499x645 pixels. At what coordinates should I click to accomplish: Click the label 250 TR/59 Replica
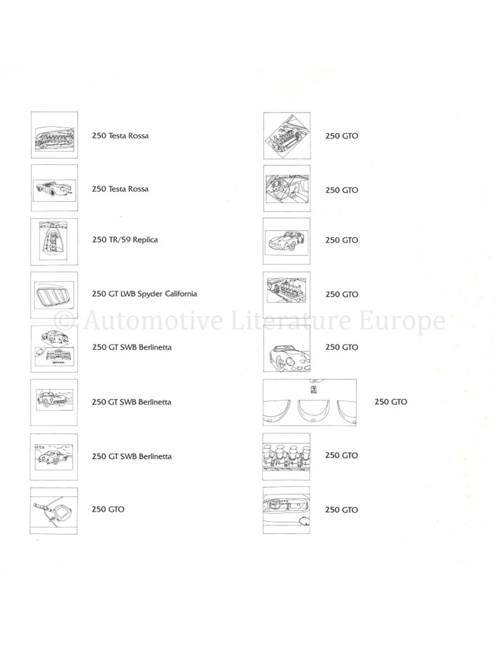[125, 240]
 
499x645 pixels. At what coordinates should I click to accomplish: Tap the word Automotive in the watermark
[153, 320]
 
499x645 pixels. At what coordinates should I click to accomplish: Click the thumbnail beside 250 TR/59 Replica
[54, 242]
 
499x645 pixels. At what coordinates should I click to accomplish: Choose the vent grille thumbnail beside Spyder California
[54, 295]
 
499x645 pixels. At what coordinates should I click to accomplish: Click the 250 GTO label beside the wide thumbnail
[391, 402]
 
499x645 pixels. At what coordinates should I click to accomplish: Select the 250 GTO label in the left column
[108, 509]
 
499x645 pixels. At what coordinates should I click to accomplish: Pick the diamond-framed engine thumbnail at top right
[287, 136]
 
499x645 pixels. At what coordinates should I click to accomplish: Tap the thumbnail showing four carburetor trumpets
[286, 456]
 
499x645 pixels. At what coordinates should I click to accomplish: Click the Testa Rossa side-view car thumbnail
[54, 188]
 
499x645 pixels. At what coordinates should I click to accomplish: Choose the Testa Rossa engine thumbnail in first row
[54, 135]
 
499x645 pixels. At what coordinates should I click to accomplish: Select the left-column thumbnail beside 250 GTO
[54, 511]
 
